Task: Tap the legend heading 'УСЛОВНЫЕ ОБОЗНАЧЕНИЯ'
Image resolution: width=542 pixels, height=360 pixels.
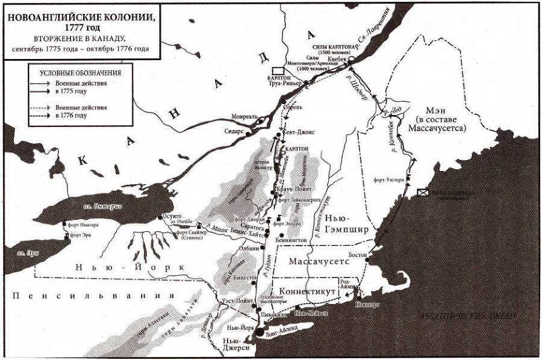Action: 75,72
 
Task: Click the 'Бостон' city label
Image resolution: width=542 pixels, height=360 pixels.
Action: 357,255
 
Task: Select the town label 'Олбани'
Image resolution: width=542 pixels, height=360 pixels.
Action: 252,247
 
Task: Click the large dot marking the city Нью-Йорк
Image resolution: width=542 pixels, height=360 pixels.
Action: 260,331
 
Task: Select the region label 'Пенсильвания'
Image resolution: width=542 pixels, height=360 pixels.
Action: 90,296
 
